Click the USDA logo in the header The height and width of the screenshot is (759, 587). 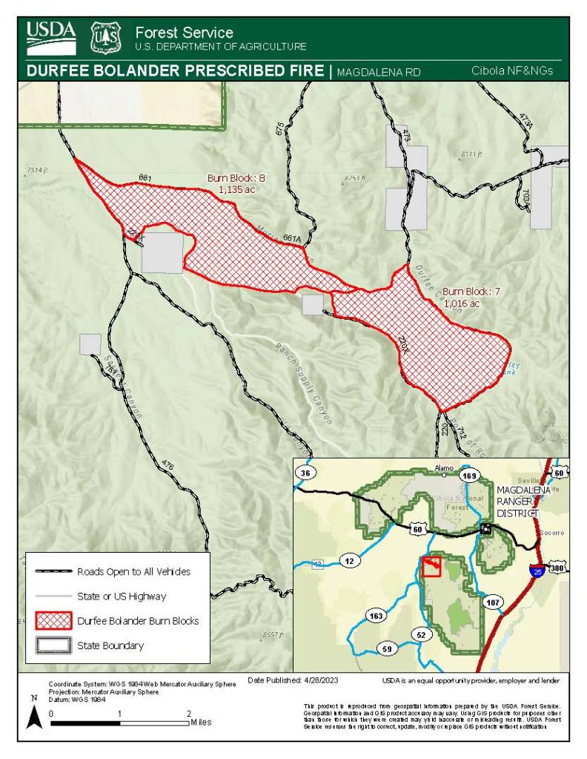pos(51,36)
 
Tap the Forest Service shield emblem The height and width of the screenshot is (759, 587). pos(105,37)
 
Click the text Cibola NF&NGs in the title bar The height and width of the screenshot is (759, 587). pos(512,71)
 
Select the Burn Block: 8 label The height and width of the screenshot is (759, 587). pos(236,178)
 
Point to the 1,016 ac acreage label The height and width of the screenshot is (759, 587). pos(462,303)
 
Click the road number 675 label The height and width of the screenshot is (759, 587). pos(279,128)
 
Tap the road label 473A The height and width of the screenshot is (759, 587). pos(525,119)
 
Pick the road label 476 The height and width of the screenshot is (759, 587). pos(168,466)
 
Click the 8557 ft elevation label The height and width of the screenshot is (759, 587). pos(273,635)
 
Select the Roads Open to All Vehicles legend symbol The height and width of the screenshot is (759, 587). pos(52,571)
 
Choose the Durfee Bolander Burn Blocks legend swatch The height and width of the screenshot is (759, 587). pos(52,620)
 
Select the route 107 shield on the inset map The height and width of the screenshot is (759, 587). pos(493,602)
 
